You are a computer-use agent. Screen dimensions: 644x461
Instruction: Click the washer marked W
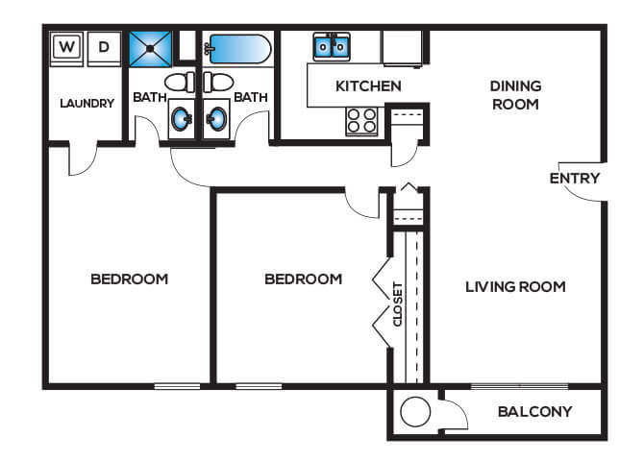point(66,48)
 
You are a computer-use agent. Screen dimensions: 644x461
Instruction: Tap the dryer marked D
point(105,48)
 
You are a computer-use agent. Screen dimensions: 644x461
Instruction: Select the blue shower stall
point(150,49)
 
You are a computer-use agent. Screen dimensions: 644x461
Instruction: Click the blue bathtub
point(238,49)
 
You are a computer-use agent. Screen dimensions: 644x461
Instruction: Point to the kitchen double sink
point(332,47)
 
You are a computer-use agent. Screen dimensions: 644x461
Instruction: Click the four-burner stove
point(361,121)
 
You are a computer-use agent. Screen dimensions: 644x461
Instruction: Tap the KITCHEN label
point(368,86)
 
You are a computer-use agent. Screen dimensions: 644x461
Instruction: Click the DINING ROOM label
point(515,95)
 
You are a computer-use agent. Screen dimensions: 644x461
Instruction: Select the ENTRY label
point(575,179)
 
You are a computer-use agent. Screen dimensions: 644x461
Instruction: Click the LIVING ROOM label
point(515,286)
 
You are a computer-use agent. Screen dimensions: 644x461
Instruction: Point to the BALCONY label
point(534,411)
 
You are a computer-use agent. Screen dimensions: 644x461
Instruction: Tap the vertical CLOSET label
point(398,304)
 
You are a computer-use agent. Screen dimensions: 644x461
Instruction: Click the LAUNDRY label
point(87,103)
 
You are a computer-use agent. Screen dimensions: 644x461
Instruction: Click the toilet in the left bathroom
point(180,82)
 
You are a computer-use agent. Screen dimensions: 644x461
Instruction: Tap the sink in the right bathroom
point(217,119)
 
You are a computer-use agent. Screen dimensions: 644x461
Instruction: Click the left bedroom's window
point(177,386)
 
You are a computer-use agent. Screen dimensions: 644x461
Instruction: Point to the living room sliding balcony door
point(520,386)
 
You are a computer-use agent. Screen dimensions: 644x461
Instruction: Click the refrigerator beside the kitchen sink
point(403,48)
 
